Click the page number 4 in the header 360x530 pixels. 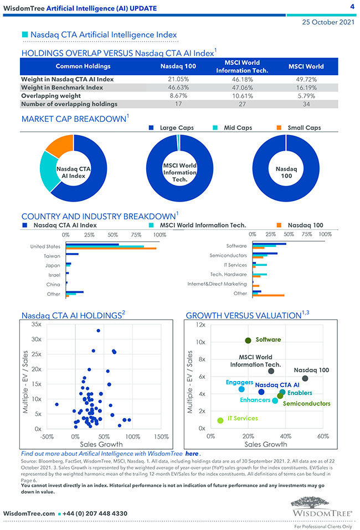coord(352,7)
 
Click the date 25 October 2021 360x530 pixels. coord(328,23)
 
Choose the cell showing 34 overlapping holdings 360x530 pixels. coord(306,104)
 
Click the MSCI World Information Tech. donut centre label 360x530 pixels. coord(179,172)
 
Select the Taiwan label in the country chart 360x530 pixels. coord(52,256)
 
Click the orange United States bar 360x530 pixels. coord(111,249)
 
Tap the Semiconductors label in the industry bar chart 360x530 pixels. coord(228,256)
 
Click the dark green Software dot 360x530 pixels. coord(248,341)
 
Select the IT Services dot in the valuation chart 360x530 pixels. coord(220,420)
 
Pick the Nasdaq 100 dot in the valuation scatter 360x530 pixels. coord(305,378)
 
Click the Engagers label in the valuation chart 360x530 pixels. coord(239,383)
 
